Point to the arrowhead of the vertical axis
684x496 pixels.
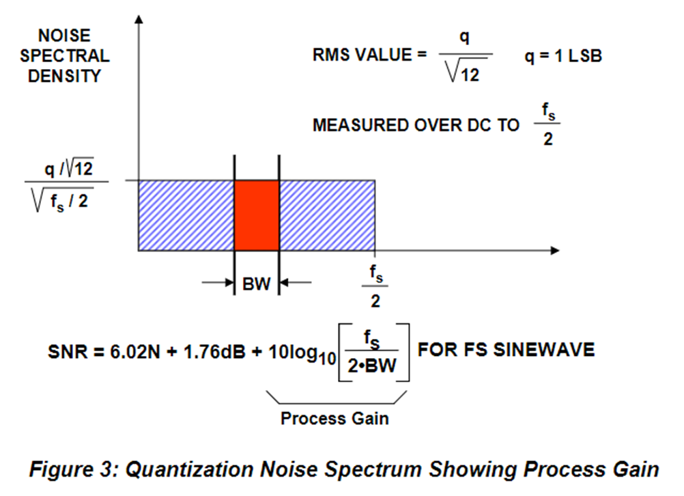(139, 18)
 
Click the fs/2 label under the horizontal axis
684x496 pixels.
(375, 285)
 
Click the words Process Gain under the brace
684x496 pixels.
(334, 418)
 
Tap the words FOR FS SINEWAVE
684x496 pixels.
(506, 350)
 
